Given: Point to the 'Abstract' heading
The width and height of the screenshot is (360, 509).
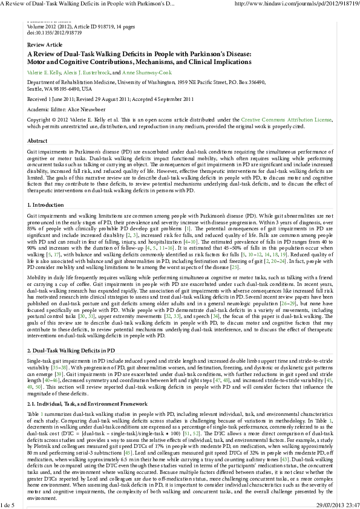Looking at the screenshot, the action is click(38, 141).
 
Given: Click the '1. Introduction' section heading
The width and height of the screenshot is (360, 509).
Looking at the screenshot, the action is click(45, 206).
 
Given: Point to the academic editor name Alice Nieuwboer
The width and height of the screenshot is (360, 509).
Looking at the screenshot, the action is click(82, 109).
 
